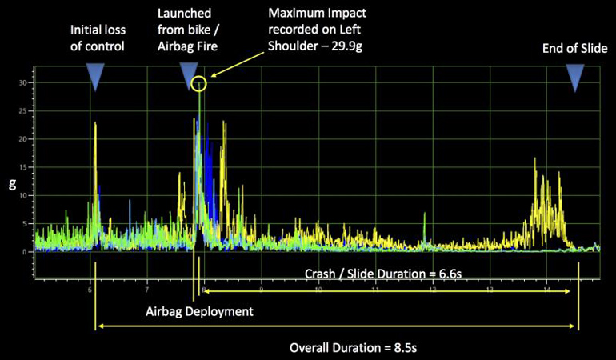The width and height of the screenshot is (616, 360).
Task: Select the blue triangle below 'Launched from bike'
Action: click(190, 76)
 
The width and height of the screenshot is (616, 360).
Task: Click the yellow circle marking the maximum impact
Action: click(199, 83)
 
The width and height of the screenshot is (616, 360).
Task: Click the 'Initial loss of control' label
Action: click(97, 38)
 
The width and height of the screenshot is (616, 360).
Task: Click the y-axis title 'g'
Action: click(11, 183)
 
